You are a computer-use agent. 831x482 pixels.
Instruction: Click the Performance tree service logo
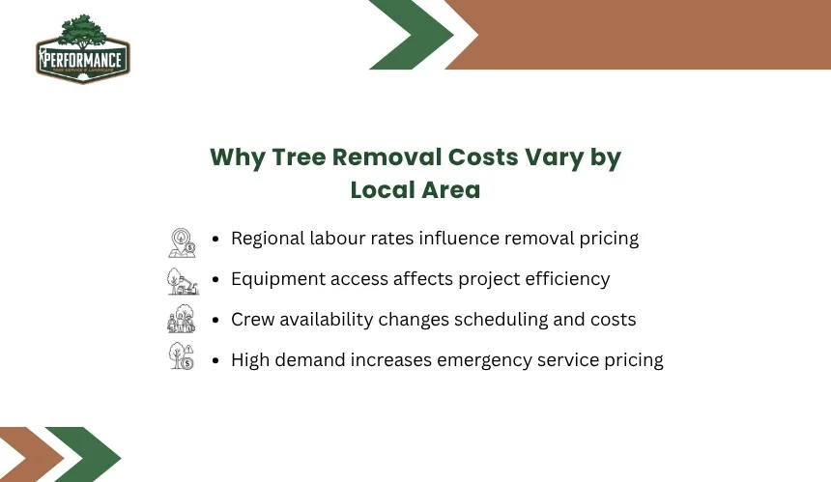(83, 49)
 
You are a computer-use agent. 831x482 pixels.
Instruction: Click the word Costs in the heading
(483, 157)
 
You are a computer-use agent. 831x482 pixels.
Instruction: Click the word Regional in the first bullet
(268, 239)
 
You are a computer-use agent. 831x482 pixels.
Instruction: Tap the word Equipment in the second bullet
(278, 279)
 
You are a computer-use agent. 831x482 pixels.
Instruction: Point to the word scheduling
(501, 320)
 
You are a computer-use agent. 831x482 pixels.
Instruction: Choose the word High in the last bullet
(250, 360)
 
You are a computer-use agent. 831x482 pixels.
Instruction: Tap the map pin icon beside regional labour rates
(182, 243)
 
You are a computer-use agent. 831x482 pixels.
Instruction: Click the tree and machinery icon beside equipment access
(183, 281)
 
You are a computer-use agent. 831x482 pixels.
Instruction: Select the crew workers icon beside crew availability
(182, 319)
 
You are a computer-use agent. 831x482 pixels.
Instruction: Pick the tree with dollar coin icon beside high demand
(182, 355)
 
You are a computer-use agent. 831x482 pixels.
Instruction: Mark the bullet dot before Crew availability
(215, 320)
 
